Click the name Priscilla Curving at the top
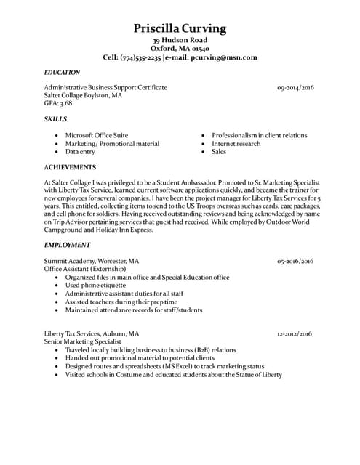(x=180, y=28)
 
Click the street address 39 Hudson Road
(x=180, y=39)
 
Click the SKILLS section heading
(x=55, y=118)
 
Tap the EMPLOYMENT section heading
(x=67, y=245)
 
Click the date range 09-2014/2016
(x=295, y=87)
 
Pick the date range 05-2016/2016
(x=295, y=260)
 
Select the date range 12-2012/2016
(x=295, y=334)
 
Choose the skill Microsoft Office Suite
(x=96, y=135)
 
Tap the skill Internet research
(x=236, y=144)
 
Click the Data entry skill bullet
(x=80, y=152)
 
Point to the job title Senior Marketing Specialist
(x=81, y=341)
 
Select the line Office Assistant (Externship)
(x=82, y=268)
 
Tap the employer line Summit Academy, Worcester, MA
(x=92, y=260)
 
